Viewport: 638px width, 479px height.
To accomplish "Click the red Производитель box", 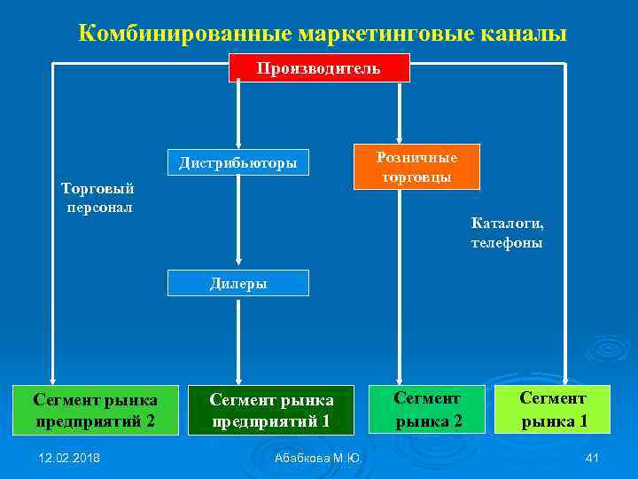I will pyautogui.click(x=319, y=67).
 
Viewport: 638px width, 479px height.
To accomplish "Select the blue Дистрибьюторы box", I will pyautogui.click(x=237, y=163).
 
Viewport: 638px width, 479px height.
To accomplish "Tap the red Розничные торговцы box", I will pyautogui.click(x=416, y=167).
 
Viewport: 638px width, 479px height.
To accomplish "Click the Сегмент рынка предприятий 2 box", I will pyautogui.click(x=96, y=410).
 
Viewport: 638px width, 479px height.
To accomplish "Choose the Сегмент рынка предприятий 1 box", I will pyautogui.click(x=271, y=410).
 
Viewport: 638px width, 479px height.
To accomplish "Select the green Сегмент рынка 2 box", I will pyautogui.click(x=428, y=409).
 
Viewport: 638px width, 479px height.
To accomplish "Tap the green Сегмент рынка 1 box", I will pyautogui.click(x=553, y=409).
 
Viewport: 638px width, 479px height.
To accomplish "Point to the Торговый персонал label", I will pyautogui.click(x=97, y=197).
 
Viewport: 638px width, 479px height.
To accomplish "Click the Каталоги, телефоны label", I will pyautogui.click(x=507, y=232).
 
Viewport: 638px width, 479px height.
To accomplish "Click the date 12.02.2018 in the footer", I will pyautogui.click(x=70, y=457).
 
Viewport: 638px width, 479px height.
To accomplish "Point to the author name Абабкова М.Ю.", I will pyautogui.click(x=318, y=458).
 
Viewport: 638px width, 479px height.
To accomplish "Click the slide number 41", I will pyautogui.click(x=593, y=457).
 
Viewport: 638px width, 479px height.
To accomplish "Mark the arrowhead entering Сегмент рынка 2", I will pyautogui.click(x=401, y=380).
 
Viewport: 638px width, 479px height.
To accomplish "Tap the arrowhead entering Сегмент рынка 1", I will pyautogui.click(x=566, y=379).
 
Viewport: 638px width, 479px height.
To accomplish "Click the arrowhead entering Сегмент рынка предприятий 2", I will pyautogui.click(x=53, y=380).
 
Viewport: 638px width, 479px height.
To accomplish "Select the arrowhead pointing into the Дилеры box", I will pyautogui.click(x=237, y=264).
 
